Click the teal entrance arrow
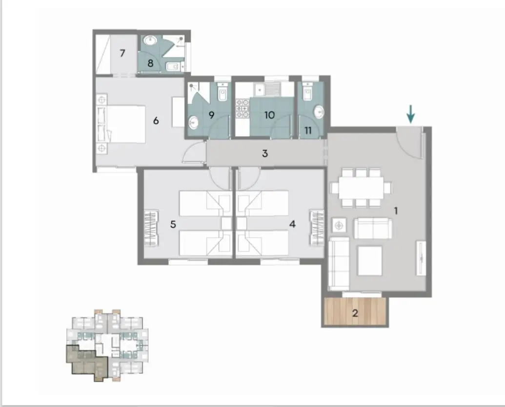[x=411, y=114]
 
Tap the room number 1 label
[x=396, y=211]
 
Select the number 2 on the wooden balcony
[x=355, y=313]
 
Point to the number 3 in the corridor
[x=265, y=153]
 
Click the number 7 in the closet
[x=122, y=53]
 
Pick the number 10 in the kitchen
[x=269, y=115]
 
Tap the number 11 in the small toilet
[x=308, y=130]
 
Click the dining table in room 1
[x=361, y=187]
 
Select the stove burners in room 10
[x=242, y=108]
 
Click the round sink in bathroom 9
[x=194, y=122]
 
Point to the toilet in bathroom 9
[x=222, y=92]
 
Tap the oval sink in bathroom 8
[x=150, y=41]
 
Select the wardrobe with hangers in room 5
[x=151, y=228]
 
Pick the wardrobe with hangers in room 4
[x=317, y=228]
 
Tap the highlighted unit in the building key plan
[x=87, y=363]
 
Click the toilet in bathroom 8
[x=173, y=66]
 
